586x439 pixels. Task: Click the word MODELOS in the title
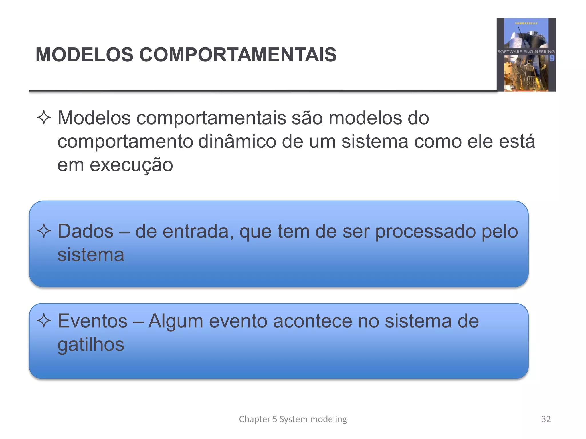tap(84, 55)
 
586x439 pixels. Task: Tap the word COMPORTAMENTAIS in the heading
tap(238, 55)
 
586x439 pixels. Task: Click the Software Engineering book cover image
tap(526, 55)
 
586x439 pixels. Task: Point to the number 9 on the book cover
tap(552, 58)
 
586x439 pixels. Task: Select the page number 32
tap(546, 419)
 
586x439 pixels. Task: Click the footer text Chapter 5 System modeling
tap(293, 419)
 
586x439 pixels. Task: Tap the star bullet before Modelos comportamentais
tap(44, 118)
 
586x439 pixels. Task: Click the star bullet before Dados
tap(44, 231)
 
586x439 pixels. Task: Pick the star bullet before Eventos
tap(44, 321)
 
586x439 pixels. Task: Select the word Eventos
tap(92, 321)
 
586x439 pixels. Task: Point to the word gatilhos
tap(91, 345)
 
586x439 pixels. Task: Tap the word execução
tap(131, 165)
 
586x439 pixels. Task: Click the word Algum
tap(176, 321)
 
